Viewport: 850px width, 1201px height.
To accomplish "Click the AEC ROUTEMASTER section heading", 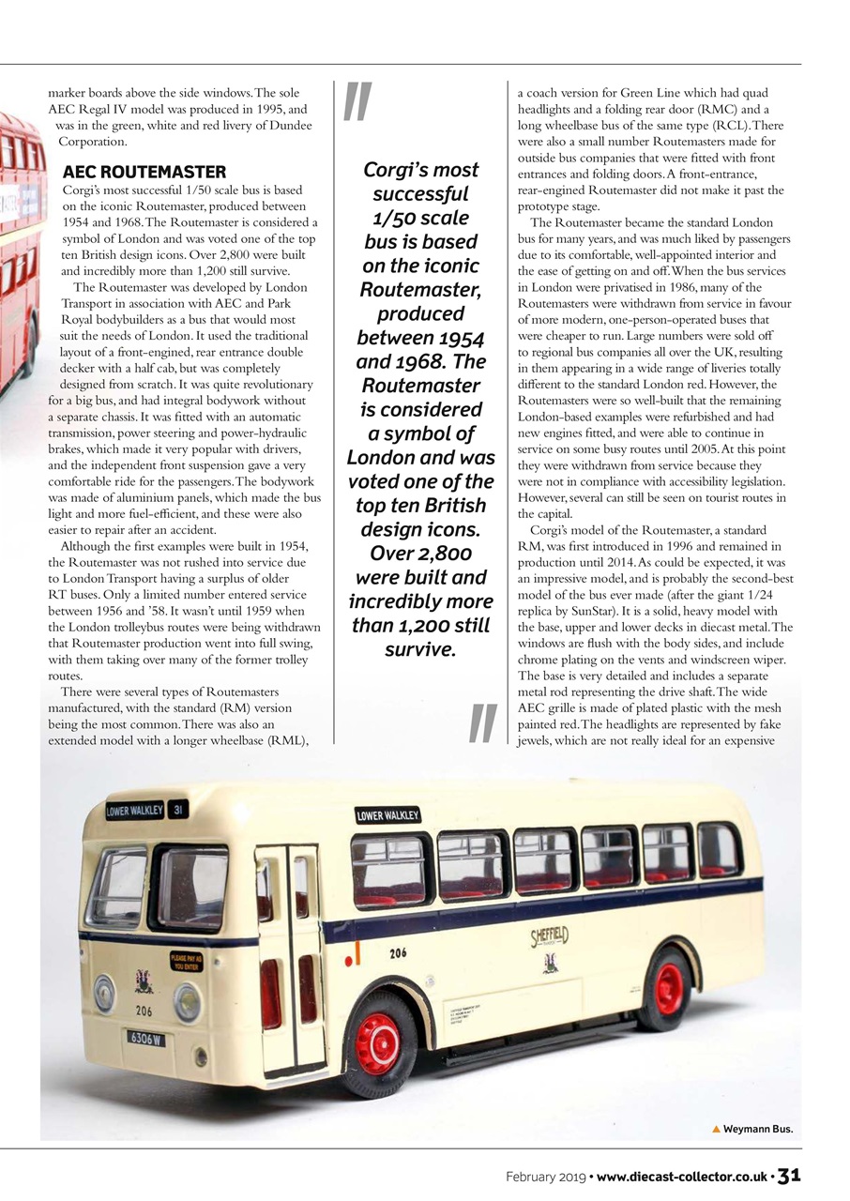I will [144, 172].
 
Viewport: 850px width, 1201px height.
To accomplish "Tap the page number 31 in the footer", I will [789, 1176].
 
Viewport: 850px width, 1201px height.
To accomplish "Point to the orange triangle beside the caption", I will [717, 1129].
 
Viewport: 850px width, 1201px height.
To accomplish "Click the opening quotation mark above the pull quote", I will [357, 102].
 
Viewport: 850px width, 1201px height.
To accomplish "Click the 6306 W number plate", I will [146, 1038].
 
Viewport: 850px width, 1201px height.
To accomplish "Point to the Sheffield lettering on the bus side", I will [550, 936].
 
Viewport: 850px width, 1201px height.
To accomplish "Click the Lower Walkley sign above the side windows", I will [387, 815].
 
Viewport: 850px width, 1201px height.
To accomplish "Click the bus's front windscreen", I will [189, 887].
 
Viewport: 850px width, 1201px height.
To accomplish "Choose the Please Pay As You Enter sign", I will [186, 961].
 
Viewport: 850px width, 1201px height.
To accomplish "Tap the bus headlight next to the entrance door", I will [187, 1001].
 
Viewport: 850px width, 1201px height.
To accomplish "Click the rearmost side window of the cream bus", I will [719, 849].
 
